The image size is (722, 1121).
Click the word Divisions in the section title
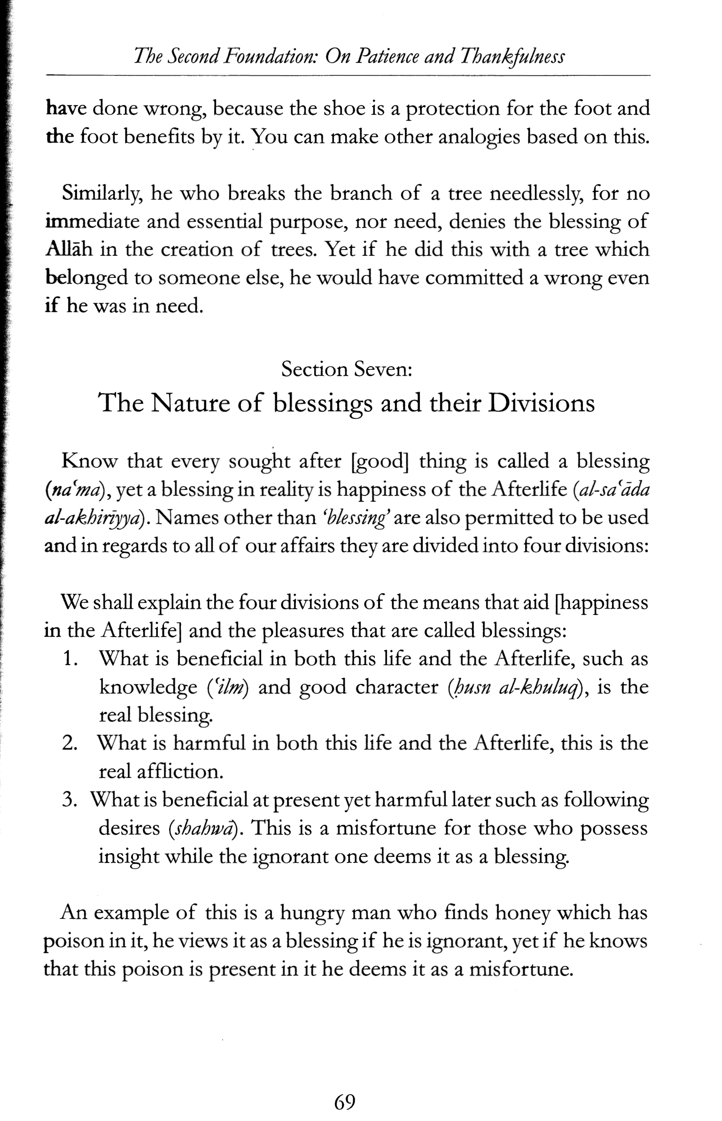541,403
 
